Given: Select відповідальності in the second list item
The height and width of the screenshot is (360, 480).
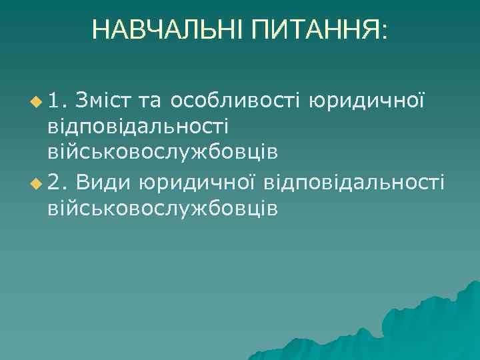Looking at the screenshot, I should pyautogui.click(x=354, y=180).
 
